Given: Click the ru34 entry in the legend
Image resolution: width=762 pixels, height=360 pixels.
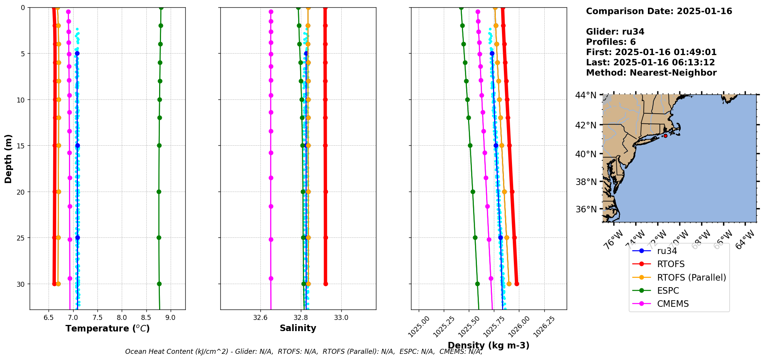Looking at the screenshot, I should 667,251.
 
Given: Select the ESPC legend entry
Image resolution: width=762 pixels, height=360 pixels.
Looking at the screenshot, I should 668,291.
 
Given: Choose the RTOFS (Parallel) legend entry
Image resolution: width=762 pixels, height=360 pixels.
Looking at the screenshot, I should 691,278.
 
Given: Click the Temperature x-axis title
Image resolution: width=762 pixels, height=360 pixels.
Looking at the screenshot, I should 107,328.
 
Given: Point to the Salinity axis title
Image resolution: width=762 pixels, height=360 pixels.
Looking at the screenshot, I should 298,328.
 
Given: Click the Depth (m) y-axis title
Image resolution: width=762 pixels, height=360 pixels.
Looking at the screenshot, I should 8,158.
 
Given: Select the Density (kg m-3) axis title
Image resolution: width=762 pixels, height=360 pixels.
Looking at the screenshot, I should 488,345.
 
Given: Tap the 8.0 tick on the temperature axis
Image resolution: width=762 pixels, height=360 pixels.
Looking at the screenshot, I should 122,318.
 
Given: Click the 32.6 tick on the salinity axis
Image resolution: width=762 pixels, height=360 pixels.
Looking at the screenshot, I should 260,318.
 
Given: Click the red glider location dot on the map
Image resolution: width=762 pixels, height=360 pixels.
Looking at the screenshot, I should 665,136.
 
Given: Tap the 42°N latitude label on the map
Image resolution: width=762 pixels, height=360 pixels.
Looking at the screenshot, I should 586,125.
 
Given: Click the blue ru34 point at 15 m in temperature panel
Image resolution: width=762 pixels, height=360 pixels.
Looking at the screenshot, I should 77,146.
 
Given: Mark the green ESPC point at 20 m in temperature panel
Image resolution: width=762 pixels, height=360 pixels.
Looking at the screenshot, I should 159,192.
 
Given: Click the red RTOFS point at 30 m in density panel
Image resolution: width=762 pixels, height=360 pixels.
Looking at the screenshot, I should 517,284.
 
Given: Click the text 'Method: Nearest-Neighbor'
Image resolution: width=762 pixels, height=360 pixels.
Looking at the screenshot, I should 651,72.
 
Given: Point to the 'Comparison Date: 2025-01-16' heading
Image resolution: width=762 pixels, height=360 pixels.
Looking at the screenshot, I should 659,11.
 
